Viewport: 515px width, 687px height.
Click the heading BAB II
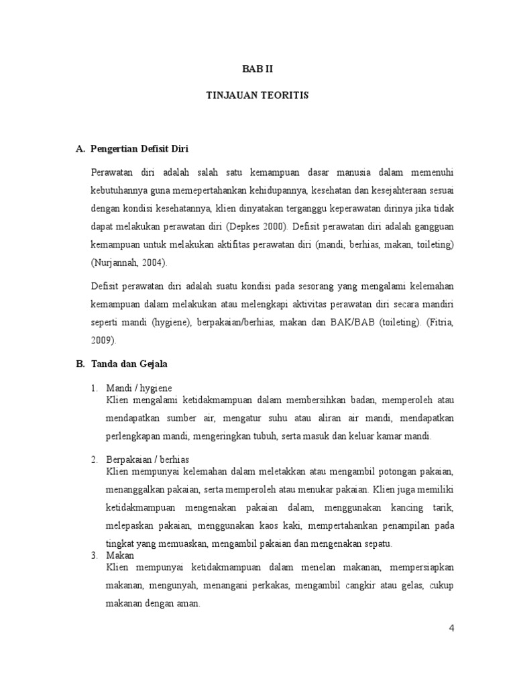point(257,69)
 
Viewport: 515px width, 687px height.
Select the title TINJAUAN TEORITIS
point(257,96)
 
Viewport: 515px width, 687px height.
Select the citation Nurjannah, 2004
point(133,262)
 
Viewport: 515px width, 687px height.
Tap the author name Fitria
point(440,323)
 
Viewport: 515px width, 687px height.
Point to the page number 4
point(451,628)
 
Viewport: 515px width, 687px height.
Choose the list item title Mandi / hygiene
point(139,388)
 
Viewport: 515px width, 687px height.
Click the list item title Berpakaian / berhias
point(148,459)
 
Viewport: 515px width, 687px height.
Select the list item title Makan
point(121,556)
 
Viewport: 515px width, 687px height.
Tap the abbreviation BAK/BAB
point(350,323)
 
